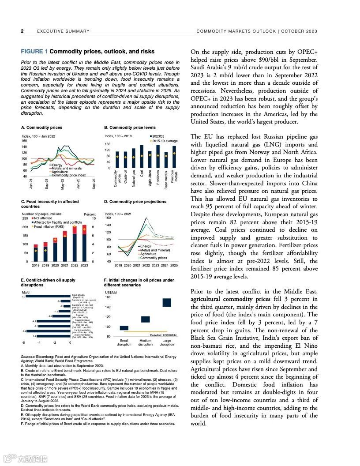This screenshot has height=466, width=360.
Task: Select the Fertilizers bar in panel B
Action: coord(158,157)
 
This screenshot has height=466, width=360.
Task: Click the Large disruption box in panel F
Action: coord(167,302)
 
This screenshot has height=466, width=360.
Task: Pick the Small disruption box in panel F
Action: coord(124,328)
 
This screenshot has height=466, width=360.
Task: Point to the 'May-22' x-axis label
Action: coord(63,184)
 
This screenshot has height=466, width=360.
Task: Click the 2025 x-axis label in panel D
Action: coord(174,265)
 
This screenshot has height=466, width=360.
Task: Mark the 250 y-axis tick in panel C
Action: coord(25,218)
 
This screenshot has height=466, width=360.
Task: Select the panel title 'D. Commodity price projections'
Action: coord(135,202)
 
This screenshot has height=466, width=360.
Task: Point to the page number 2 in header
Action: coord(22,31)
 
